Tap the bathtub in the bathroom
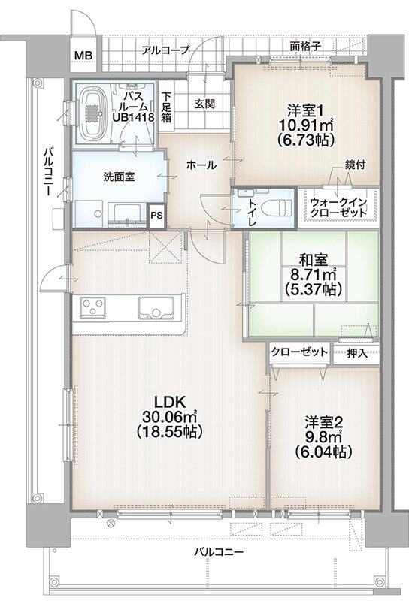pos(93,112)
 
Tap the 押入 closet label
pos(357,352)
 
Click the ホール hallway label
pos(201,164)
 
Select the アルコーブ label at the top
pos(164,50)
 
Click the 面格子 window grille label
pos(306,47)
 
